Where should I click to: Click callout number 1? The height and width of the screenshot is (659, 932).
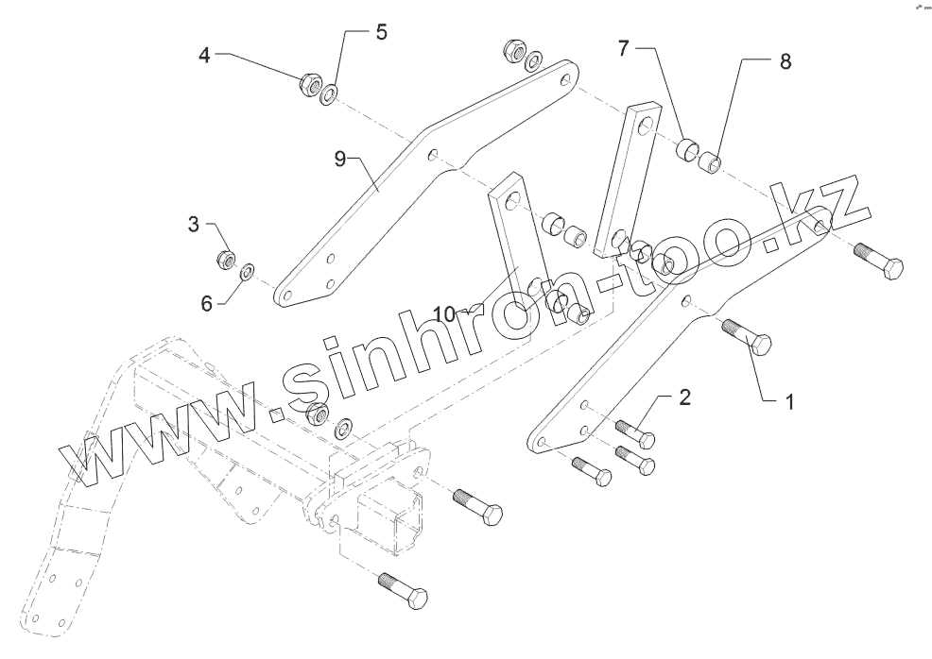[x=786, y=401]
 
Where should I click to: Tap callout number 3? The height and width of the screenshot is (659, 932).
[x=195, y=225]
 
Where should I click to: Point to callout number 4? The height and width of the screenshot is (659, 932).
[x=204, y=56]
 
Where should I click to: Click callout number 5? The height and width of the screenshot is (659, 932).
[x=381, y=32]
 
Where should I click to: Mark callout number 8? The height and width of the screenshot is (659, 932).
[x=785, y=62]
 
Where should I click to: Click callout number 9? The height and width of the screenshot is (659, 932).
[x=340, y=159]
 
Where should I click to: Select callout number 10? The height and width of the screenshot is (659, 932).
[x=445, y=313]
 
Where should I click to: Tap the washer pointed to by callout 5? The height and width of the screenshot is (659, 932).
[x=331, y=94]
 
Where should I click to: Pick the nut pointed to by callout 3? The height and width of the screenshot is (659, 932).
[x=226, y=258]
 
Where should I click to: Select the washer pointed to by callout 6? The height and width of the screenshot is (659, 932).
[x=246, y=272]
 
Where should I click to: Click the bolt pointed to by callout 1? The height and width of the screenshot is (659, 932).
[x=748, y=337]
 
